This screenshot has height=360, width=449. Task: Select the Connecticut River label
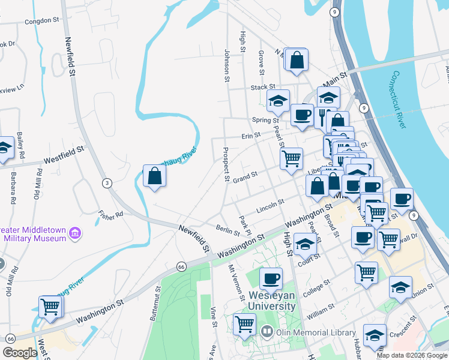click(400, 100)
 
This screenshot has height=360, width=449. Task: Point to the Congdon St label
click(43, 21)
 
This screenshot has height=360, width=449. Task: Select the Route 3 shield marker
click(107, 183)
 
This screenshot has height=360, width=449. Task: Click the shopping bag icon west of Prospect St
click(154, 176)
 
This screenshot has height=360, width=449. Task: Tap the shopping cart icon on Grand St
click(291, 159)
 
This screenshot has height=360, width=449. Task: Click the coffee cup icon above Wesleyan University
click(271, 278)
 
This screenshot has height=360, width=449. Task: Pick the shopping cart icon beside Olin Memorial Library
click(244, 325)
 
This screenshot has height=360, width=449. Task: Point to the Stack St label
click(262, 88)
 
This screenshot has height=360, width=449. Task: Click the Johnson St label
click(227, 65)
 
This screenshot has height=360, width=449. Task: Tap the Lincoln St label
click(270, 207)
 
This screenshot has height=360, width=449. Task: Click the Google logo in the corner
click(20, 353)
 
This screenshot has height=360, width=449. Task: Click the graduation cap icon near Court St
click(305, 244)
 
